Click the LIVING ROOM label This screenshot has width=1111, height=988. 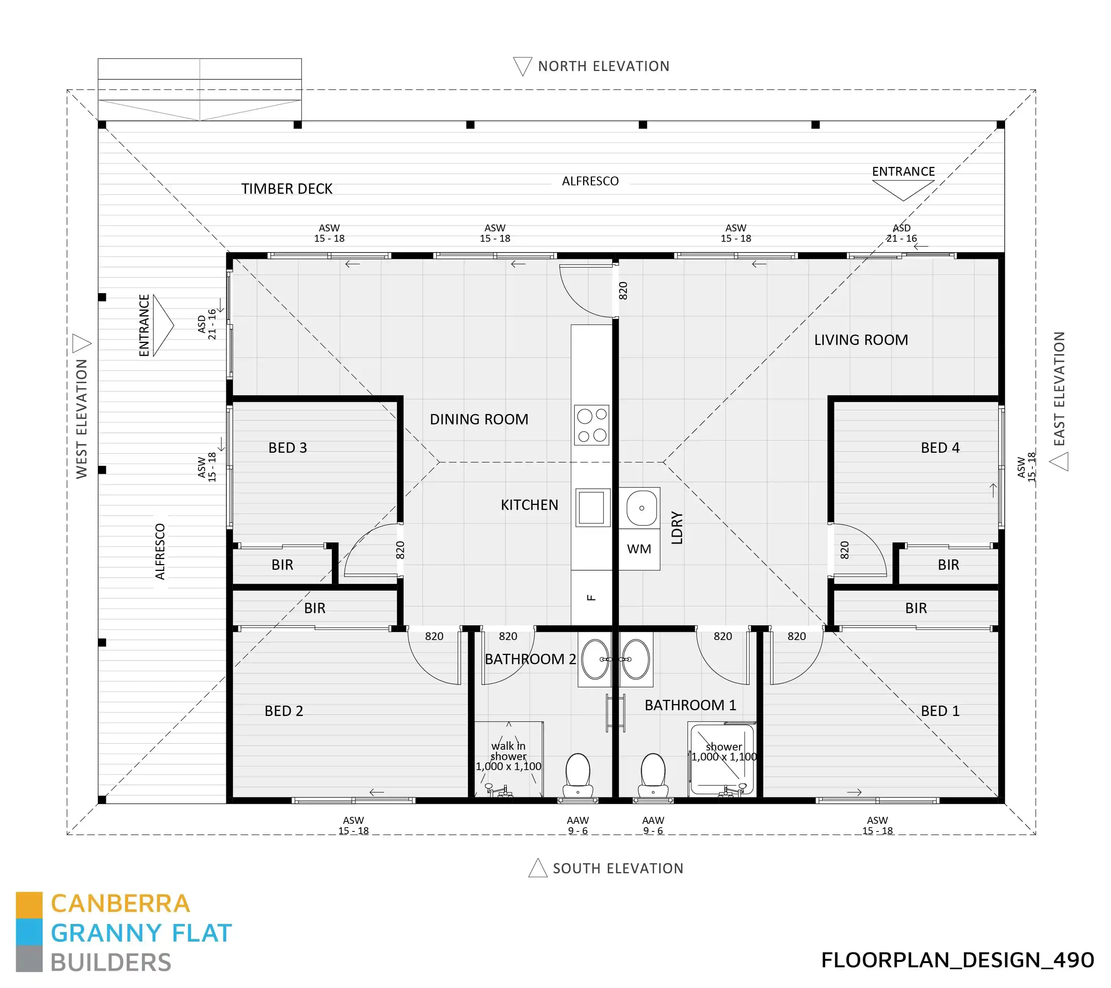click(x=860, y=340)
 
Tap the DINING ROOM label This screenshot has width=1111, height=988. click(x=479, y=419)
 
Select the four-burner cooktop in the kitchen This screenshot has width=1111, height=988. click(x=592, y=425)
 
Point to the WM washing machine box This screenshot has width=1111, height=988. click(x=639, y=549)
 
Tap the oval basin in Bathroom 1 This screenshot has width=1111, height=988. click(x=635, y=659)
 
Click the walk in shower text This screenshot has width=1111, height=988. click(x=508, y=751)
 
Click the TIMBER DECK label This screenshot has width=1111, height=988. click(x=287, y=189)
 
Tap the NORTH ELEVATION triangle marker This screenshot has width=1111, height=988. click(x=523, y=66)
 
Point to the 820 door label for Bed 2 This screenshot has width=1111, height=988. click(x=434, y=636)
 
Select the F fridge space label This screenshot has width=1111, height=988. click(x=592, y=597)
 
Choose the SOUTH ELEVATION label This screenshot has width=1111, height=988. click(x=618, y=868)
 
